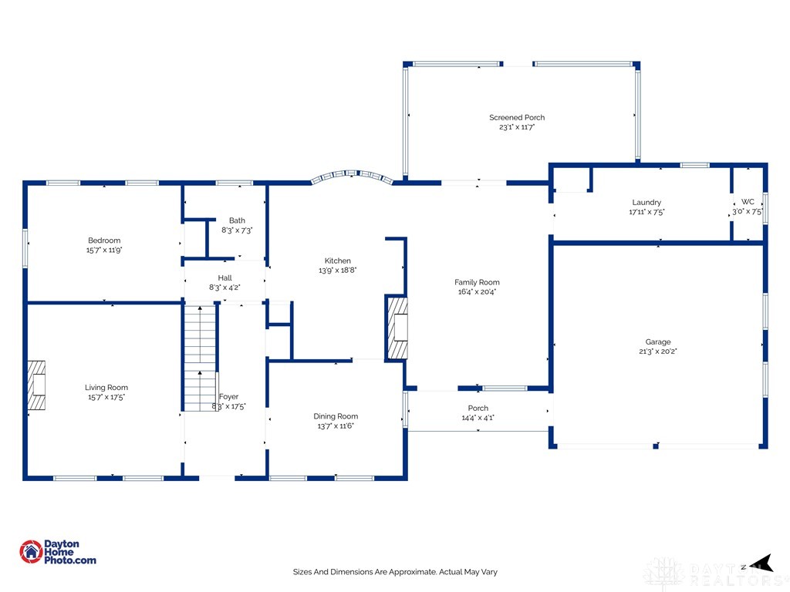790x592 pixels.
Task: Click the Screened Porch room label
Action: (517, 117)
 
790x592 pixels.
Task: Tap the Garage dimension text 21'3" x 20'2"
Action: (658, 351)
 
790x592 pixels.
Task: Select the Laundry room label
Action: (647, 203)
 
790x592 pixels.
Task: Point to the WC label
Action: (748, 202)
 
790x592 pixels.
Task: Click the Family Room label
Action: (477, 282)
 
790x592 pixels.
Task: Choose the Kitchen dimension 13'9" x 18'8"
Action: (338, 271)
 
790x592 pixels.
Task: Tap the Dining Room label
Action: (336, 416)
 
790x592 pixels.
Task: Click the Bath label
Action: (237, 220)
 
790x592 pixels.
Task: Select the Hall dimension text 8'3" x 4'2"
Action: (225, 288)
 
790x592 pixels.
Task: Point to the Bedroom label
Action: (104, 240)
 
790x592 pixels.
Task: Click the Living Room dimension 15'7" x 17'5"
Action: (106, 397)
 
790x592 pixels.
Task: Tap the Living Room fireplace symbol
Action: (36, 385)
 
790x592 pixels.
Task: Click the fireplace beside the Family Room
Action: (397, 328)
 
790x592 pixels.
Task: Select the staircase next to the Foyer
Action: (200, 358)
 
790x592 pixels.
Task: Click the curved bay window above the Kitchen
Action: (352, 177)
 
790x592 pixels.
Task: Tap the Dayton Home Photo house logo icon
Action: (31, 552)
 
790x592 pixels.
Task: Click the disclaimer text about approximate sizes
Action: (395, 572)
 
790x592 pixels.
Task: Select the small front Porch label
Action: (478, 409)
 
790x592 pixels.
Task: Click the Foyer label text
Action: (228, 397)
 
